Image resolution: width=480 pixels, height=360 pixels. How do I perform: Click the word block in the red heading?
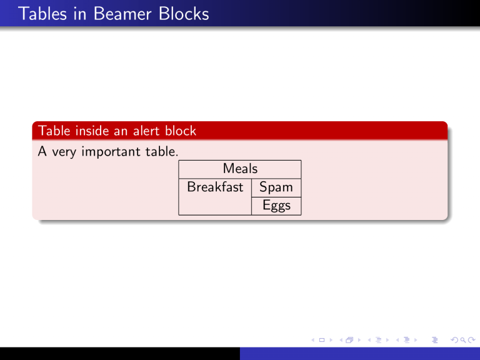(x=181, y=131)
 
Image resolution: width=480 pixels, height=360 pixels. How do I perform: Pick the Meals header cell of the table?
(x=240, y=169)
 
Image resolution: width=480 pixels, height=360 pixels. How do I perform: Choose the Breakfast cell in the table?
(x=215, y=187)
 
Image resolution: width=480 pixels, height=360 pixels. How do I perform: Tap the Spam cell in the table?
(x=276, y=187)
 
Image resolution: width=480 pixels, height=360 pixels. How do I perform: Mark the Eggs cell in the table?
(x=276, y=206)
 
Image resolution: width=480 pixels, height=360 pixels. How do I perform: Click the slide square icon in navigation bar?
(x=321, y=340)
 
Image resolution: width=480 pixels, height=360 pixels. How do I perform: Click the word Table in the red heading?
(x=53, y=131)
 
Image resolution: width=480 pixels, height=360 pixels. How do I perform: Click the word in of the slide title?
(x=75, y=14)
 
